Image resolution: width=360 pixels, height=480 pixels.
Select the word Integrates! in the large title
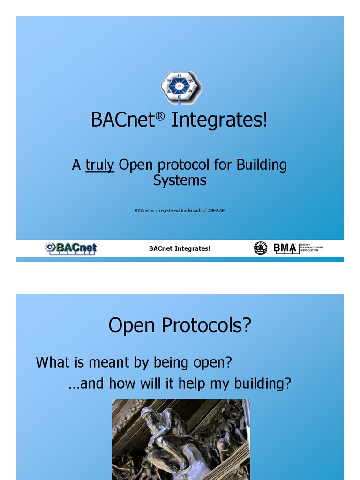pos(219,120)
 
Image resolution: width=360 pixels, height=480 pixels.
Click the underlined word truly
pos(100,165)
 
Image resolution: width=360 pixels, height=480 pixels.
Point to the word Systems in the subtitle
pos(180,180)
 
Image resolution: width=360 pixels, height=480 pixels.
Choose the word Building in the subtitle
pos(261,165)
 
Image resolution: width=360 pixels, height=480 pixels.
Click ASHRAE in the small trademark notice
pos(216,210)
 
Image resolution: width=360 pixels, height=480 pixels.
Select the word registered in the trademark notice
pos(169,210)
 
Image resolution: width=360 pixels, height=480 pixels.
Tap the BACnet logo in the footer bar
pos(71,248)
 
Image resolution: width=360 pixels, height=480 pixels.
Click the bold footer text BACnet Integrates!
pos(180,248)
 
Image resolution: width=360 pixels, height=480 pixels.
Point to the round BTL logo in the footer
pos(260,248)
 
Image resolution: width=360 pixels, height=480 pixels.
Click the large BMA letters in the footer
pos(285,247)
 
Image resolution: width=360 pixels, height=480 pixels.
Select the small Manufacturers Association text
pos(312,248)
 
